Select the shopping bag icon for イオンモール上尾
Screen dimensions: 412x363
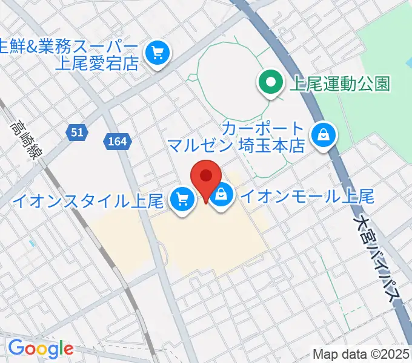tap(222, 195)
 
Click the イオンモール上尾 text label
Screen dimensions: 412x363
tap(307, 196)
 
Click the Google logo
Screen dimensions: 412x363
tap(41, 348)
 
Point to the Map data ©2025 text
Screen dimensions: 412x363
tap(361, 355)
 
